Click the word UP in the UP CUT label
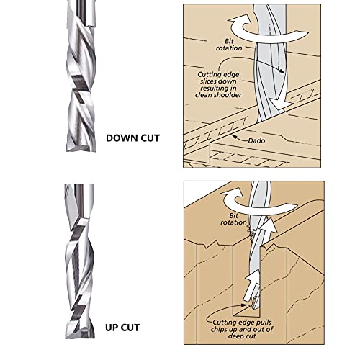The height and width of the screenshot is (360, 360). click(112, 328)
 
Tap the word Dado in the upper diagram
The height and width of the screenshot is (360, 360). click(256, 140)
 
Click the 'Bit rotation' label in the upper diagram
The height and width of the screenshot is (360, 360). click(229, 45)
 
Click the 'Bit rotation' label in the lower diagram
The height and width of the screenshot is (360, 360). click(233, 219)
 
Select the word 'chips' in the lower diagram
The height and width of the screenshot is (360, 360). click(219, 329)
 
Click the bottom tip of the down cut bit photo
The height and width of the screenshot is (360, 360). click(81, 150)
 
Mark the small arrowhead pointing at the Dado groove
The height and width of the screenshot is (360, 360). click(234, 136)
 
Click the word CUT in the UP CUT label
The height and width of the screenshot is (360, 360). click(130, 328)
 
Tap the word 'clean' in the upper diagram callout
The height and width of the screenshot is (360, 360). click(204, 95)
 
